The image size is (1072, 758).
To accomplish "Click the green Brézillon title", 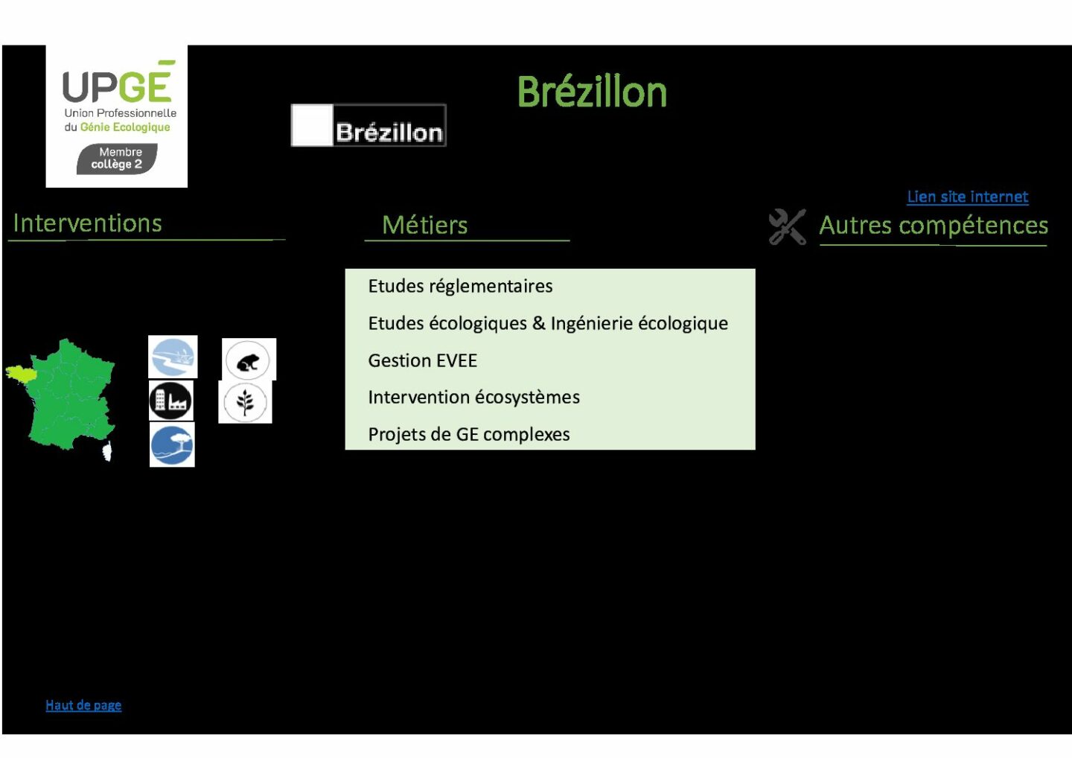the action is tap(592, 92).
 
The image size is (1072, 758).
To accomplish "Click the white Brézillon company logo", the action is tap(368, 125).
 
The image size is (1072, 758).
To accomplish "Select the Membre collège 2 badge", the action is tap(117, 159).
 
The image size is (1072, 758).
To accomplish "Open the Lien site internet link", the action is tap(967, 197).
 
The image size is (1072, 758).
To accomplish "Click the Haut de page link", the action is tap(83, 705).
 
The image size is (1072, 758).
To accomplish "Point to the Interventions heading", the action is tap(88, 223).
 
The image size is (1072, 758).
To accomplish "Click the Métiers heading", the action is tap(424, 225).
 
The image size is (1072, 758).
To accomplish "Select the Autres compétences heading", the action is tap(934, 226).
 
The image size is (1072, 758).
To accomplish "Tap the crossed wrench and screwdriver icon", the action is tap(788, 227).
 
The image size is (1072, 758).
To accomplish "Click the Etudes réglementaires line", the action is tap(460, 286).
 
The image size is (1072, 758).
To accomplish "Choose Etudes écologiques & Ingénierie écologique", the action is tap(548, 323).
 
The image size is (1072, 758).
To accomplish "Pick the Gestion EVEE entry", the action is tap(423, 360).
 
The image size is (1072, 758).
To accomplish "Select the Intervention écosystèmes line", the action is tap(473, 397).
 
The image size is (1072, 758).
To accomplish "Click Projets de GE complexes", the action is tap(469, 435).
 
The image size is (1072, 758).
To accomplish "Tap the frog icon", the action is tap(248, 360).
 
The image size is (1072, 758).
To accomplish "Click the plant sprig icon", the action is tap(245, 402).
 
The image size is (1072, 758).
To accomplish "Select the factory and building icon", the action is tap(171, 401).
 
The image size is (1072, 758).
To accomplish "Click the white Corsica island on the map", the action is tap(108, 450).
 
